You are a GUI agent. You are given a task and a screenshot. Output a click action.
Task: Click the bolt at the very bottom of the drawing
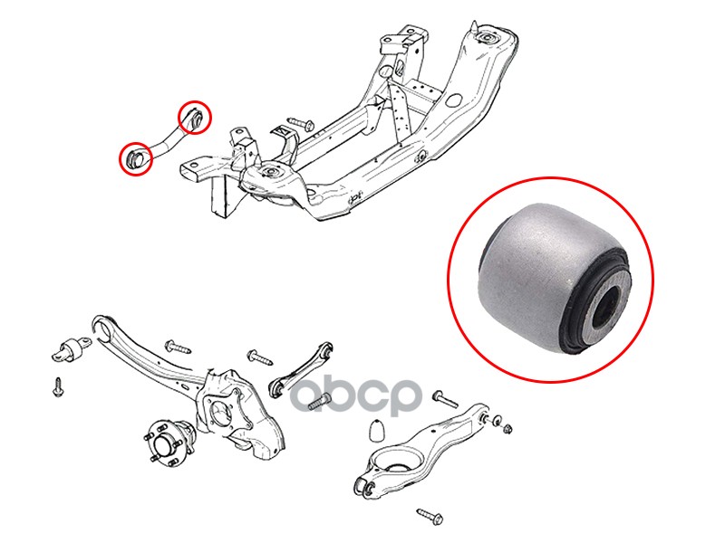(x=430, y=516)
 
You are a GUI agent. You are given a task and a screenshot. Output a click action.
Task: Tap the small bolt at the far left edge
(x=58, y=387)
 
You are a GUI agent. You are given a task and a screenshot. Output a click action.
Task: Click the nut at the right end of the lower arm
(x=507, y=427)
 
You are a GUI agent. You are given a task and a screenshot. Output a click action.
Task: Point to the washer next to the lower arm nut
(x=497, y=422)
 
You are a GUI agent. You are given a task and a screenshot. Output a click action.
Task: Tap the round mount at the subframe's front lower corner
(x=269, y=172)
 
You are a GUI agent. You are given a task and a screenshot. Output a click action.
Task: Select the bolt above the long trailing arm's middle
(x=178, y=347)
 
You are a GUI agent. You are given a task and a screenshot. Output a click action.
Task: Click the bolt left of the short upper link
(x=260, y=357)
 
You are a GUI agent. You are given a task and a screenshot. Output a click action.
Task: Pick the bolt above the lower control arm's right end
(x=445, y=398)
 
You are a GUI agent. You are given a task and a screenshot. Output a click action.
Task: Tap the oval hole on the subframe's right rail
(x=454, y=100)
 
